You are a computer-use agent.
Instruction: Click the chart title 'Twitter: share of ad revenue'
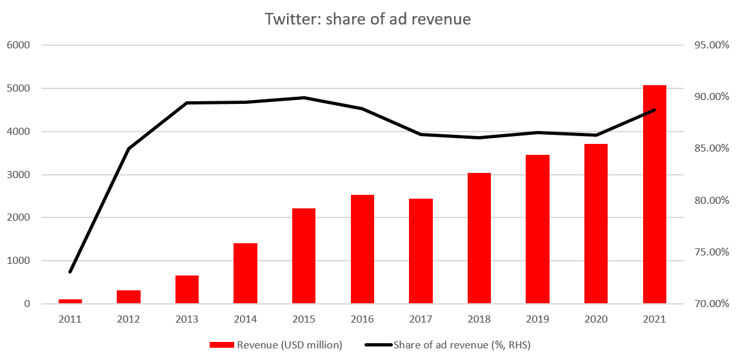click(x=368, y=19)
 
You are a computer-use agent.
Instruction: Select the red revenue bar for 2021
click(x=654, y=194)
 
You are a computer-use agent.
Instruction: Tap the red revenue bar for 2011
click(x=70, y=301)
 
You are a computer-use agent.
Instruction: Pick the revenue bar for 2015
click(x=304, y=255)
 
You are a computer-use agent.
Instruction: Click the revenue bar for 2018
click(x=479, y=238)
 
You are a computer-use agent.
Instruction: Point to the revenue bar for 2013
click(x=187, y=289)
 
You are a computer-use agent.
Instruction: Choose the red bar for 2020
click(x=596, y=223)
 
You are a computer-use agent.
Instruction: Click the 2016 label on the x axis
click(x=363, y=319)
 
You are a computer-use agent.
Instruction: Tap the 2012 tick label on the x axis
click(x=128, y=319)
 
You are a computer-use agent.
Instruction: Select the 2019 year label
click(x=537, y=319)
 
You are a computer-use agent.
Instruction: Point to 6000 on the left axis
click(x=19, y=45)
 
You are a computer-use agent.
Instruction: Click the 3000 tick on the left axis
click(x=19, y=175)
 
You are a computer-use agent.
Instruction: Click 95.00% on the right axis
click(x=711, y=45)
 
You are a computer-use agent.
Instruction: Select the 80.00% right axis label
click(x=711, y=200)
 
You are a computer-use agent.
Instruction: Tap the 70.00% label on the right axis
click(x=711, y=304)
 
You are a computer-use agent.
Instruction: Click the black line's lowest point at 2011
click(x=70, y=272)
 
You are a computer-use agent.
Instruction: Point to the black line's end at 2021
click(x=654, y=110)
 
